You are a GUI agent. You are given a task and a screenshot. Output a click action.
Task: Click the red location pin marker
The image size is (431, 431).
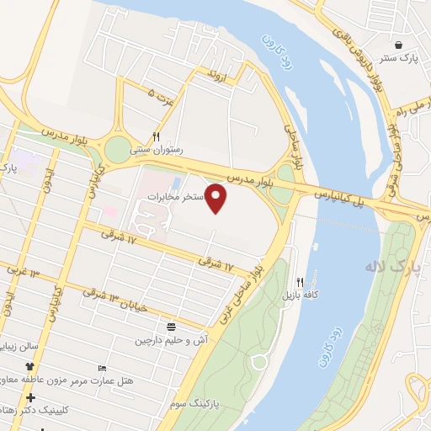(217, 198)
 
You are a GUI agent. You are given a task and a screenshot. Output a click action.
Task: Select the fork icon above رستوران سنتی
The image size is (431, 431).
(156, 136)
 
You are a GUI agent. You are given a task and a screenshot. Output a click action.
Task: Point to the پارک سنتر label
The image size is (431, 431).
(397, 58)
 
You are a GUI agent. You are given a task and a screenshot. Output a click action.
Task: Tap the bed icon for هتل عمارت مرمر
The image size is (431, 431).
(103, 368)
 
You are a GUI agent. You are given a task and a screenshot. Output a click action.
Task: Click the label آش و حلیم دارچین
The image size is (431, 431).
(172, 341)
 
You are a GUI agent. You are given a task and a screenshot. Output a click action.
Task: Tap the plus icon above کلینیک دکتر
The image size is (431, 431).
(31, 396)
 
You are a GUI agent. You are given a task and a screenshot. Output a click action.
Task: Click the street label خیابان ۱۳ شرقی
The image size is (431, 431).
(118, 301)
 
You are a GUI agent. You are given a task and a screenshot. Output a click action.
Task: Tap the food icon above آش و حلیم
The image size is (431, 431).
(172, 327)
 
